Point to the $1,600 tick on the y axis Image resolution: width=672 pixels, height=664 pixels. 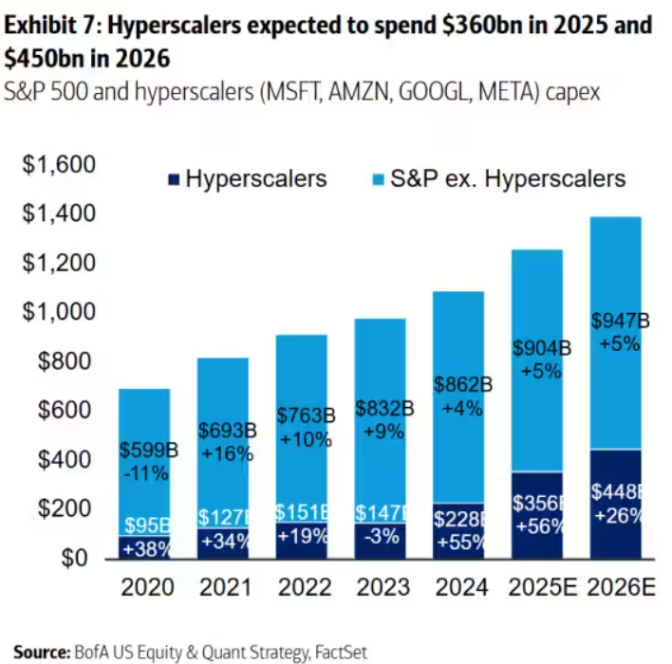pyautogui.click(x=60, y=165)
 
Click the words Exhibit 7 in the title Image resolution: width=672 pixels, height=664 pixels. pyautogui.click(x=57, y=26)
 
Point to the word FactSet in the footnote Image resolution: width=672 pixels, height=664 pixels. pyautogui.click(x=338, y=652)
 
